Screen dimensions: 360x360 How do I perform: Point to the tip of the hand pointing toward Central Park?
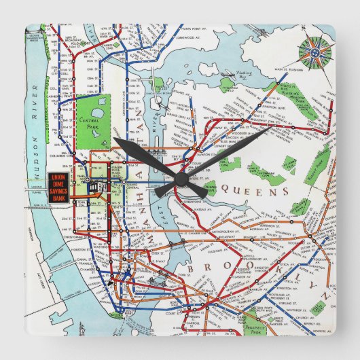(x=115, y=139)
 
